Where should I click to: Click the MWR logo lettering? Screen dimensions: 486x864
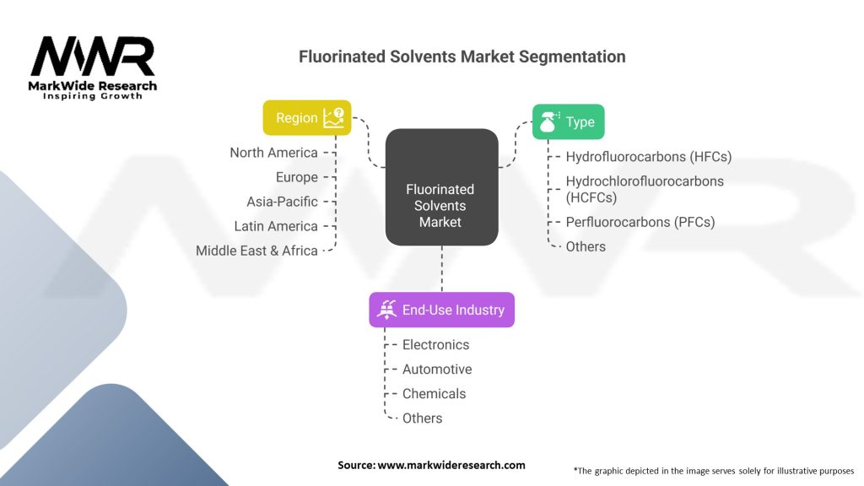(x=93, y=57)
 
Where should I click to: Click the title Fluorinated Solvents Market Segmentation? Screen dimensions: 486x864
(x=462, y=57)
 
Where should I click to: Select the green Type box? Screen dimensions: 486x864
(x=568, y=122)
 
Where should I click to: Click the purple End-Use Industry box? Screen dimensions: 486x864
(x=441, y=310)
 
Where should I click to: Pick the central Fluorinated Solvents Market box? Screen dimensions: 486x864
(x=440, y=205)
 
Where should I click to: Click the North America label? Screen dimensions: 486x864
(x=273, y=153)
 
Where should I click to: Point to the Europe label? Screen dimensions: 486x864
(x=296, y=177)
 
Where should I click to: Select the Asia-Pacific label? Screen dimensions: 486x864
(x=282, y=202)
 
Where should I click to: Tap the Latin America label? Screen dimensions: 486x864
(x=276, y=226)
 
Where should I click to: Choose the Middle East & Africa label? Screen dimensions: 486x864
(x=256, y=251)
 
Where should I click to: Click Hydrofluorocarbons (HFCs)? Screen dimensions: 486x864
(x=648, y=157)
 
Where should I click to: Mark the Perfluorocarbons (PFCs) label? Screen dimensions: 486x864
(x=640, y=222)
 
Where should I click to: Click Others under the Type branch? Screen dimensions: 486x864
(x=586, y=246)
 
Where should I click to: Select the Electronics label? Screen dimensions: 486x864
(x=435, y=344)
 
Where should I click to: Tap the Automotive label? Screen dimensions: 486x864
(x=436, y=369)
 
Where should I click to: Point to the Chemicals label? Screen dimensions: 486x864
(x=434, y=393)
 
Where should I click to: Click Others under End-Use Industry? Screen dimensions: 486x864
(x=422, y=418)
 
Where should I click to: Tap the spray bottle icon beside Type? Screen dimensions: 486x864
(x=549, y=121)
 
